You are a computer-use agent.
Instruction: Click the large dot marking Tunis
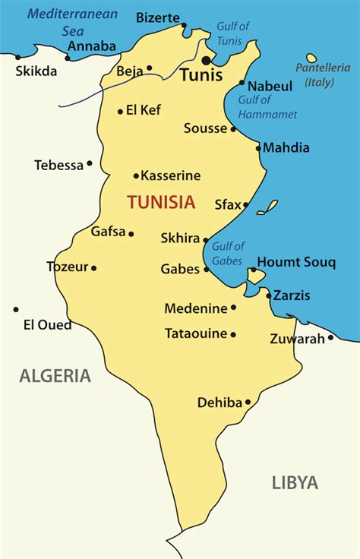click(206, 60)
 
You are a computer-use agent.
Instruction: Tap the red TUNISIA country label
click(161, 202)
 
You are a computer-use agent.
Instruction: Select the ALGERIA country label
click(55, 375)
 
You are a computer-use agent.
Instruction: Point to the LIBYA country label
click(295, 482)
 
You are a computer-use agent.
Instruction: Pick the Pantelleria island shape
click(311, 58)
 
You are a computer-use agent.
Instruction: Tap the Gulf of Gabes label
click(228, 252)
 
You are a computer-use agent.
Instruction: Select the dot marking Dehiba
click(248, 403)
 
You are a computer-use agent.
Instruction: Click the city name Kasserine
click(171, 175)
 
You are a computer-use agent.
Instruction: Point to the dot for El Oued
click(15, 309)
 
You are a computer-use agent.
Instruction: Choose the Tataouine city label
click(196, 333)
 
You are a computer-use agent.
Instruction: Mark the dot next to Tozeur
click(93, 267)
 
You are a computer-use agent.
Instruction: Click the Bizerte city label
click(158, 17)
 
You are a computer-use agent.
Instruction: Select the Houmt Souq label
click(296, 262)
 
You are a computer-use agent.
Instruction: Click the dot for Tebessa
click(90, 163)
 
